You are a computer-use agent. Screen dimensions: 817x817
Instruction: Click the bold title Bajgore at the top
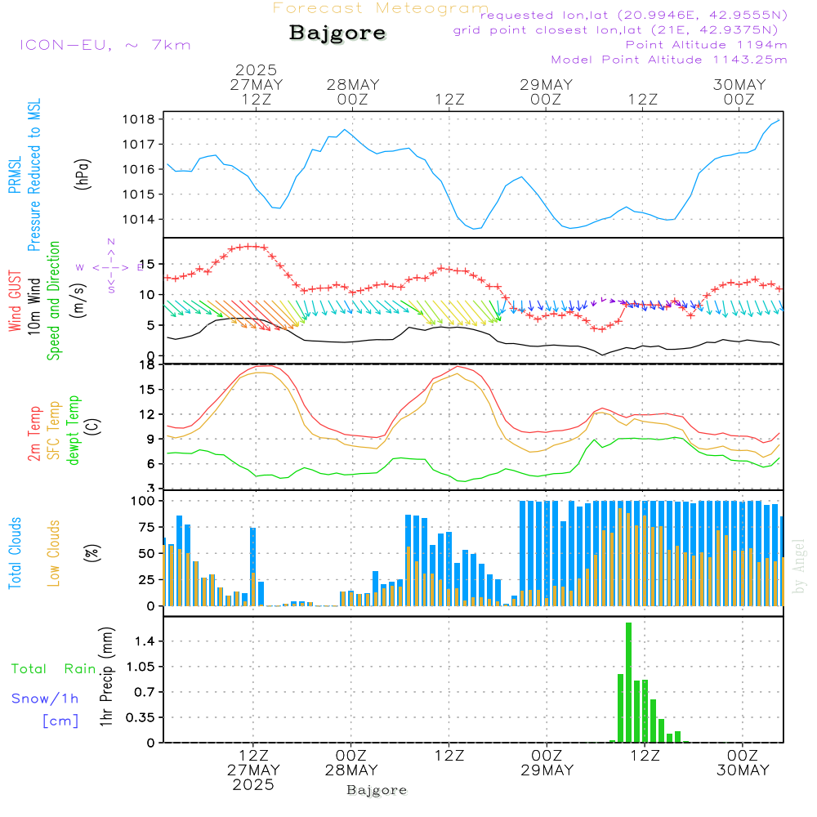(337, 33)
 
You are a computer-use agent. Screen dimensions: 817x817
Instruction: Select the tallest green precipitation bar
(628, 682)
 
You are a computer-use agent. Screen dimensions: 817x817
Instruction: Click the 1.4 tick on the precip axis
(146, 642)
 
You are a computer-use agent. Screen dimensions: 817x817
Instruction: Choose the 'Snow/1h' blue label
(46, 699)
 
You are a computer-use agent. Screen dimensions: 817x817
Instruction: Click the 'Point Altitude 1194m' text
(706, 45)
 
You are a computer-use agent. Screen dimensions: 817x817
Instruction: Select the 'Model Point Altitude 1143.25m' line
(669, 60)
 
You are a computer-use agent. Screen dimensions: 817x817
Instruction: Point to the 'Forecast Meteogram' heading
(381, 8)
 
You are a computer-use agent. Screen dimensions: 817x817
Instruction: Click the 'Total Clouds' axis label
(16, 553)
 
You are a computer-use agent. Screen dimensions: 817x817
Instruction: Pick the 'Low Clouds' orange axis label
(54, 553)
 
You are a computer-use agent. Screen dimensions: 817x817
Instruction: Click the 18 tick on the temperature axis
(148, 364)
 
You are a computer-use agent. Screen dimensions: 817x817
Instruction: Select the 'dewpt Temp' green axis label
(74, 430)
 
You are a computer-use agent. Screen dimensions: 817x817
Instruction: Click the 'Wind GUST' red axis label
(16, 301)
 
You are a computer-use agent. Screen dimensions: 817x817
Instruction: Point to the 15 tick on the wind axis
(148, 264)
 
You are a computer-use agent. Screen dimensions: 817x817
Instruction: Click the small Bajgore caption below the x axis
(377, 790)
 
